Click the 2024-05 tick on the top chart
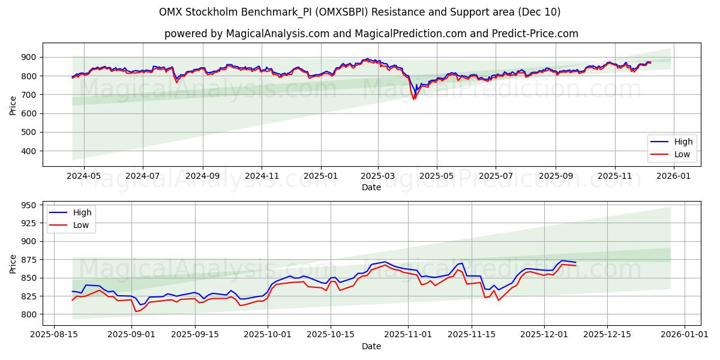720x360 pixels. coord(83,176)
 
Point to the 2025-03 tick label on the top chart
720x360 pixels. coord(378,176)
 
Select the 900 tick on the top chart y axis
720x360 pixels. coord(28,57)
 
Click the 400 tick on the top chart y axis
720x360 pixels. coord(28,151)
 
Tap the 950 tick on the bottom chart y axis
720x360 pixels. coord(28,205)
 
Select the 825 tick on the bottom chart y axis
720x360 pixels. coord(28,296)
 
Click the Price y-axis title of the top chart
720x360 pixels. coord(13,104)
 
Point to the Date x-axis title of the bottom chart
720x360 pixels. coord(371,346)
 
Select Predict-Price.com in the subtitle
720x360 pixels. coord(534,34)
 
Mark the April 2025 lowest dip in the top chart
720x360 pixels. coord(413,99)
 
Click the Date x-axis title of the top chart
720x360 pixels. coord(371,187)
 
